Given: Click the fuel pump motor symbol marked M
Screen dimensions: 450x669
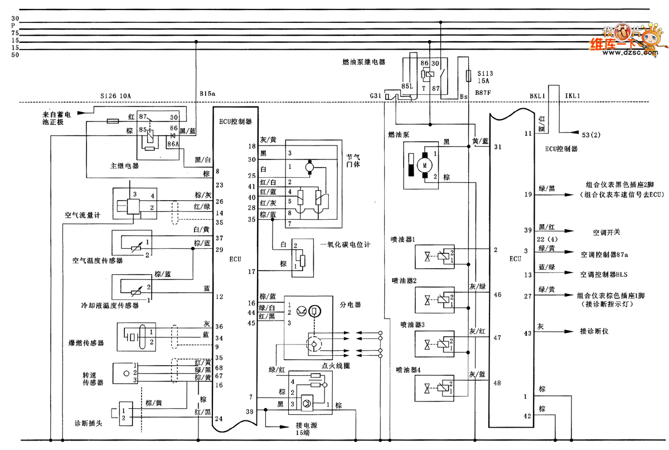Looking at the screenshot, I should coord(426,165).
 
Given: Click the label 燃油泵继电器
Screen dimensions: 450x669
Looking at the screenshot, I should coord(365,62).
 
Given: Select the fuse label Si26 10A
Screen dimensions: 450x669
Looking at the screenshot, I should coord(115,96).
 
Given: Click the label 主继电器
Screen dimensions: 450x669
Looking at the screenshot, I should coord(124,166).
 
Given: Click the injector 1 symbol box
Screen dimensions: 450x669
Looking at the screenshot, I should coord(435,257).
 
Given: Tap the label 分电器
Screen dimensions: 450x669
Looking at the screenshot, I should coord(351,305).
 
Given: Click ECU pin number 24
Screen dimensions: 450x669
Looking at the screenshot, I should coord(219,418).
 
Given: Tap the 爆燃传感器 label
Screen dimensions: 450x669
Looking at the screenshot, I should coord(85,343).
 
